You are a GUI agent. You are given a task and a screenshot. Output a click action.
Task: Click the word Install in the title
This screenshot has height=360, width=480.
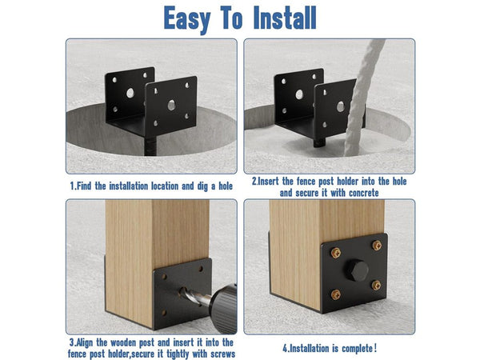point(285,18)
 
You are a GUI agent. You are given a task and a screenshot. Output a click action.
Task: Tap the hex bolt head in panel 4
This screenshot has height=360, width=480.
point(357,270)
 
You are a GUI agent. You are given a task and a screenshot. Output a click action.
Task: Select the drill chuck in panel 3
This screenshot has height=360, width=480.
point(223,308)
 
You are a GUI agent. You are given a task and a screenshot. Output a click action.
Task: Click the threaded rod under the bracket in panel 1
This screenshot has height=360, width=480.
point(150,146)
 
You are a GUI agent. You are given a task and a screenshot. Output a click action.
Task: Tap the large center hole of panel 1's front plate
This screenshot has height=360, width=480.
point(171,105)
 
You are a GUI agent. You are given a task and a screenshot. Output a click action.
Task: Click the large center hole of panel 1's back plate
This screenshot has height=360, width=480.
point(130,93)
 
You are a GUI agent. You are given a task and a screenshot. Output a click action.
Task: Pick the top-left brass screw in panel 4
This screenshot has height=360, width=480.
point(336,253)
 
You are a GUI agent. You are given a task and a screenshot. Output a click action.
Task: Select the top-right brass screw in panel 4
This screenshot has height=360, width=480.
point(377,246)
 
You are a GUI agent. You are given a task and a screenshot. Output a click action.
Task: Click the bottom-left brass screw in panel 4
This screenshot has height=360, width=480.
point(336,294)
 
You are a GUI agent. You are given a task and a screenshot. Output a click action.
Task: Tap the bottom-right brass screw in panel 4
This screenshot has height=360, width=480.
point(376,286)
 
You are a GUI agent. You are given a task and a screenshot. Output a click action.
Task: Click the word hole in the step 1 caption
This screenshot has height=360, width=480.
point(226,186)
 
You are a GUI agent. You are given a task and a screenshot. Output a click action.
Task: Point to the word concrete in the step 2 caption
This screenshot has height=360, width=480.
point(364,193)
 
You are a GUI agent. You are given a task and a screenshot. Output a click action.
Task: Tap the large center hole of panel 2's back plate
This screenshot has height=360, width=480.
point(299,94)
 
